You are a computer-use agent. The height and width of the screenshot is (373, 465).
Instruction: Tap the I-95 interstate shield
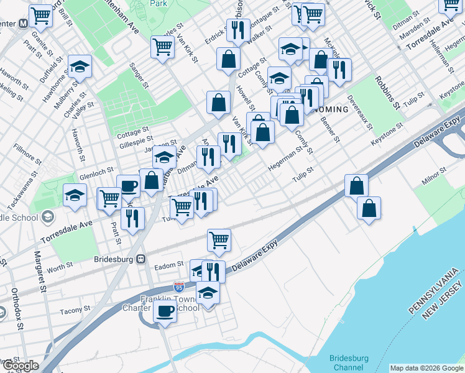pos(179,287)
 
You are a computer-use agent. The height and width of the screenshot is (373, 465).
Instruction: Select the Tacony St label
pos(75,310)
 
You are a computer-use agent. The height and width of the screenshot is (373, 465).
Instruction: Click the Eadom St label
pos(168,265)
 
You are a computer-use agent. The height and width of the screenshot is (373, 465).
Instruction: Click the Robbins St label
pos(386,94)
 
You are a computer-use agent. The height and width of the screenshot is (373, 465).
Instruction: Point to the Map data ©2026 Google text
pos(426,368)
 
